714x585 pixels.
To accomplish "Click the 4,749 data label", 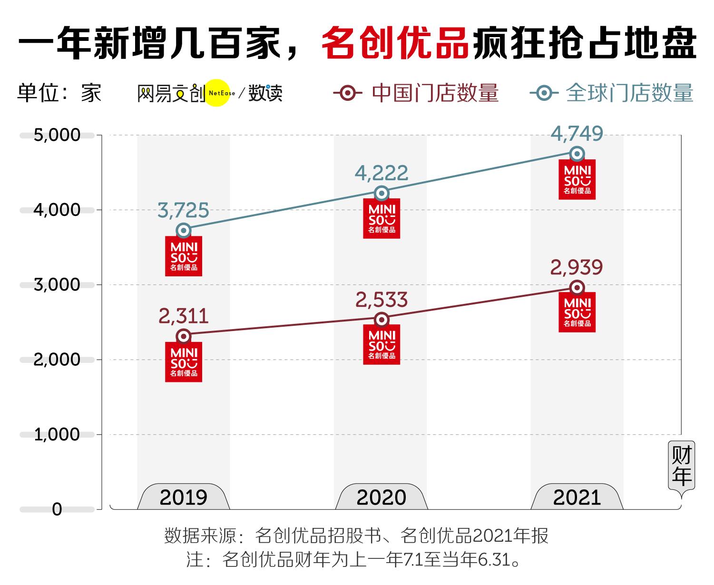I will pos(577,134).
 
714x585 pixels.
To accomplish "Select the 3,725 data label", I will pos(183,210).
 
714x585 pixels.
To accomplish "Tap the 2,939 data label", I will pos(577,268).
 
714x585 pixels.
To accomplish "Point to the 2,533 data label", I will pos(381,300).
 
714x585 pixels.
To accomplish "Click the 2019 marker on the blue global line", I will pos(184,231).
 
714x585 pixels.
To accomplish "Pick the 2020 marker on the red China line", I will pos(381,320).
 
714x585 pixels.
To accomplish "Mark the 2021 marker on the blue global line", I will pos(577,154).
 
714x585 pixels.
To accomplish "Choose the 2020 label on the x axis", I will pos(381,497).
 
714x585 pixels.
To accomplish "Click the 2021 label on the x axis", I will pos(577,497).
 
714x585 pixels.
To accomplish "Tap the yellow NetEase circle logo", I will pos(217,93).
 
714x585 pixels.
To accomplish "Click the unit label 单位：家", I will pos(59,93).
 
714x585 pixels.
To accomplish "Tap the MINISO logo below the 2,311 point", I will pos(184,362).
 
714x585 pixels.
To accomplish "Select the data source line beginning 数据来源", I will pos(356,536).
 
